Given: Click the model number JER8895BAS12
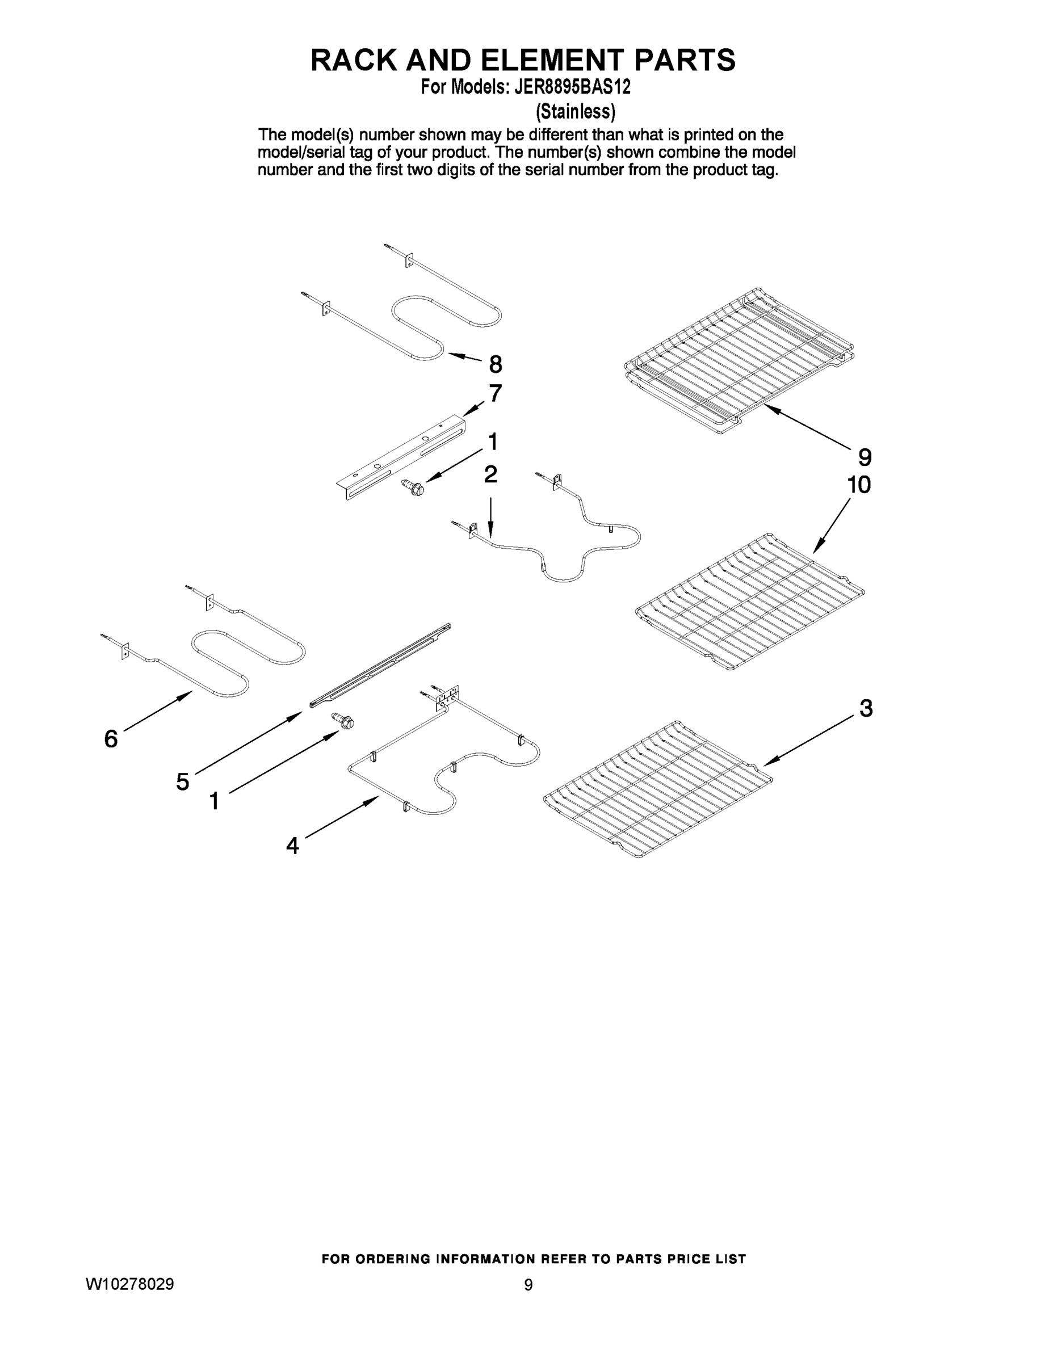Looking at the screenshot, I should (572, 87).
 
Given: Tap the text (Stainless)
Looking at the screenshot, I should (575, 112).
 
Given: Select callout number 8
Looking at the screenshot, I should (496, 364).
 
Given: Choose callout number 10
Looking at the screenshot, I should (858, 485).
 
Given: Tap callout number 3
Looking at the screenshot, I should (866, 708).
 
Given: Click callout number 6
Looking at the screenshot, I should (111, 739).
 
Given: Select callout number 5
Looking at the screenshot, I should (182, 781).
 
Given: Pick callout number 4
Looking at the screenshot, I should (292, 846).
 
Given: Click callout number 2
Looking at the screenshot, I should (491, 474).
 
